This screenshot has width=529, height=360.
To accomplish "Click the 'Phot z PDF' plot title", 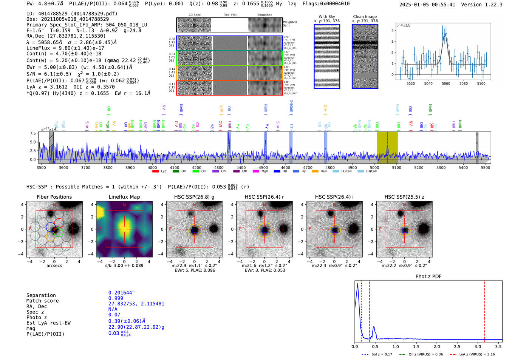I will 428,277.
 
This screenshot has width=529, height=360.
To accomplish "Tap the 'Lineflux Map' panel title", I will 124,197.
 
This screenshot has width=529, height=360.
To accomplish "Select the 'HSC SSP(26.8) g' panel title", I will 194,197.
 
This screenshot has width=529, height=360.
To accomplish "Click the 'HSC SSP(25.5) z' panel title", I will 404,197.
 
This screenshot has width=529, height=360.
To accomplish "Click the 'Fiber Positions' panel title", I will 54,197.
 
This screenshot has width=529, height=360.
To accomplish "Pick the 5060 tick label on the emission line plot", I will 446,83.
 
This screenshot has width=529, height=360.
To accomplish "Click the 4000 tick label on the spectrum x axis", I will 152,168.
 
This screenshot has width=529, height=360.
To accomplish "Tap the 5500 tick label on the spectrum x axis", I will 485,168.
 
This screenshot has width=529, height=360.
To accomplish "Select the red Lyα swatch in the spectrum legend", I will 155,172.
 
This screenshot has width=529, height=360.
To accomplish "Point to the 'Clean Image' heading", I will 365,17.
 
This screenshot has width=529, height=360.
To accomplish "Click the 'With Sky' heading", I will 327,17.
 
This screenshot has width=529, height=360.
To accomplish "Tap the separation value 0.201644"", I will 121,293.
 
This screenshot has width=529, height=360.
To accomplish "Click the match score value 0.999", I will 116,298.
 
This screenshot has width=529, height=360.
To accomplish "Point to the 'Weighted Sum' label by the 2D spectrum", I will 290,24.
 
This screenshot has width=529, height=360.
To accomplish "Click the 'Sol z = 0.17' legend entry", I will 382,354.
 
